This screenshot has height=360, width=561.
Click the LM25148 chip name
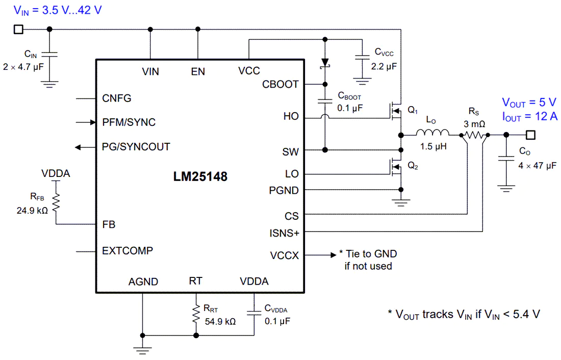pos(200,176)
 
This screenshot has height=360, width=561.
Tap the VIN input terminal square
pos(18,30)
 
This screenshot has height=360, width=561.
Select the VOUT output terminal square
pos(530,135)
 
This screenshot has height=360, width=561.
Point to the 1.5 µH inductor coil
pos(432,133)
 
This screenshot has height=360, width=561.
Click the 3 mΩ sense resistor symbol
pos(475,135)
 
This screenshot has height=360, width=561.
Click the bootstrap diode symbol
pos(325,63)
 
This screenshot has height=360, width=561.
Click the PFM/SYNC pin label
pos(129,122)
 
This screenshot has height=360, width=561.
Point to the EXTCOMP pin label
pos(127,250)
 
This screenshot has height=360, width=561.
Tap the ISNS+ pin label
pos(284,234)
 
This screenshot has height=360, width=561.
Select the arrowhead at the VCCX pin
pos(334,255)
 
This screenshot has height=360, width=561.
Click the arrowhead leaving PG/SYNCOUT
pos(78,147)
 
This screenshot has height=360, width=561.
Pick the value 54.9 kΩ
pos(220,322)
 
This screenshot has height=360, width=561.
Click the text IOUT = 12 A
pos(530,117)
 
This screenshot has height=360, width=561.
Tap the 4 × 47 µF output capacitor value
pos(538,166)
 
